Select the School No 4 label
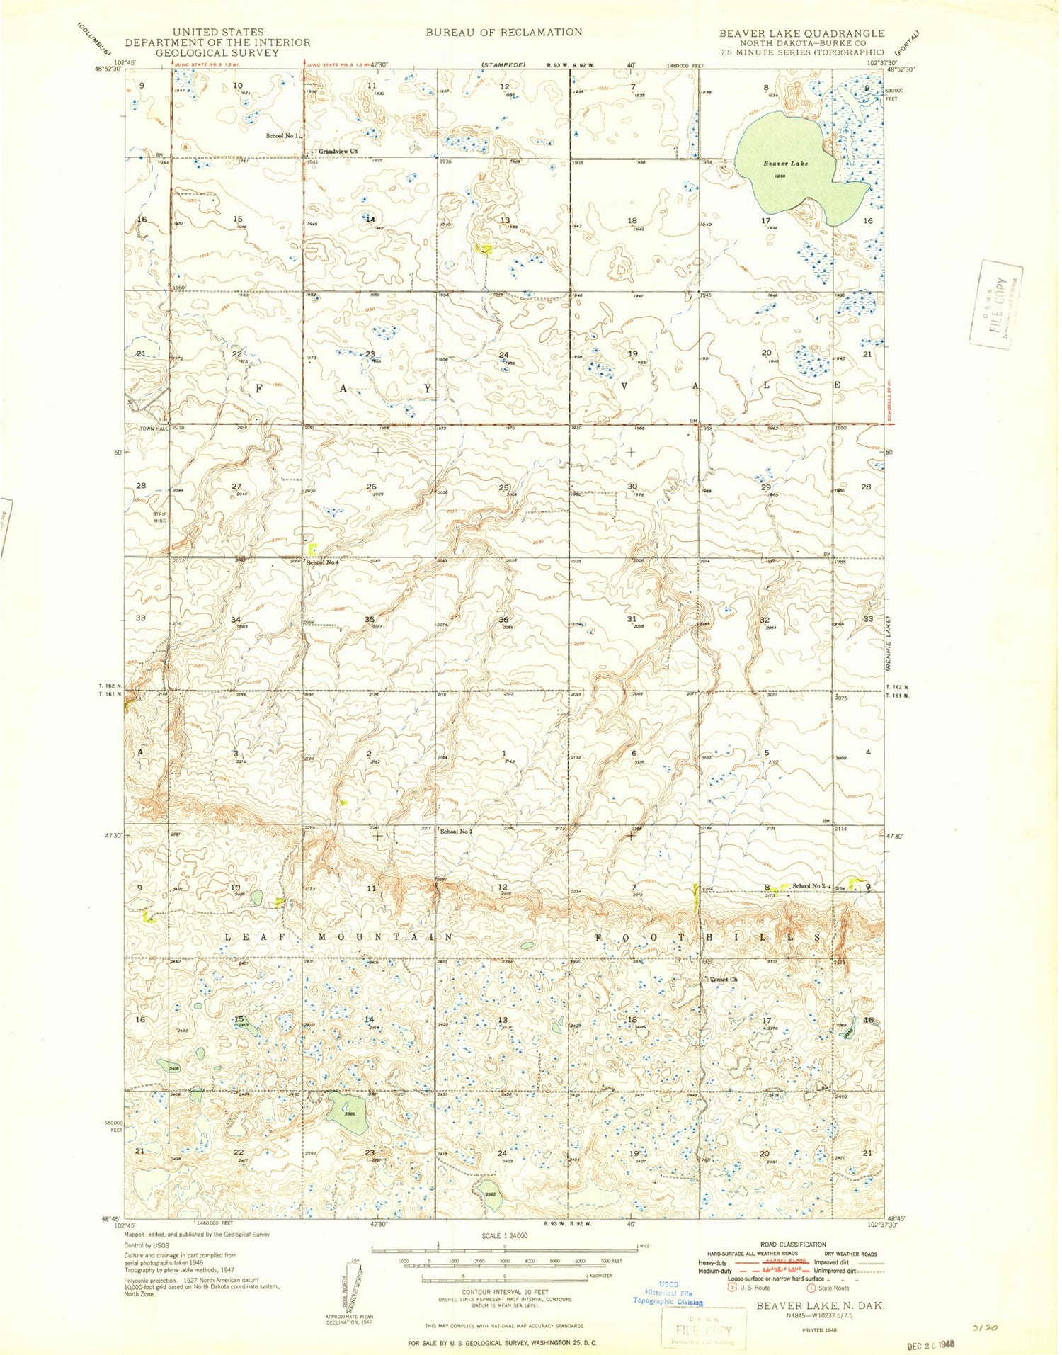coord(323,562)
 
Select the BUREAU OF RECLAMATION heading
coord(503,32)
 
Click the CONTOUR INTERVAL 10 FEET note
coord(504,1291)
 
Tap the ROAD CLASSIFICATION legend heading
coord(793,1244)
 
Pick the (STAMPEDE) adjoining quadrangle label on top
coord(503,64)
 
